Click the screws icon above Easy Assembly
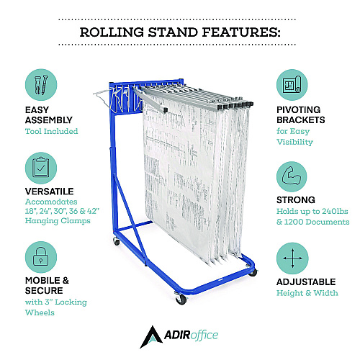point(41,85)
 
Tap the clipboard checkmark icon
point(41,168)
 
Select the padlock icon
point(41,257)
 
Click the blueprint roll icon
point(292,85)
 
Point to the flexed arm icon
point(292,177)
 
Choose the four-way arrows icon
point(292,258)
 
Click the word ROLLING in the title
point(112,32)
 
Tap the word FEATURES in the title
point(241,32)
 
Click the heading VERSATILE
point(50,192)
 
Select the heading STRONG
point(296,200)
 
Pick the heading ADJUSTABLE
point(306,282)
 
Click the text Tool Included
point(52,131)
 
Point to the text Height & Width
point(307,293)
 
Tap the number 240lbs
point(335,211)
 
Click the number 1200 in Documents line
point(294,222)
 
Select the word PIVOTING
point(299,109)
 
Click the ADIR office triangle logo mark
point(151,337)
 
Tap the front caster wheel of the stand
point(181,299)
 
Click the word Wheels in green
point(40,312)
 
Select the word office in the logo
point(204,336)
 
